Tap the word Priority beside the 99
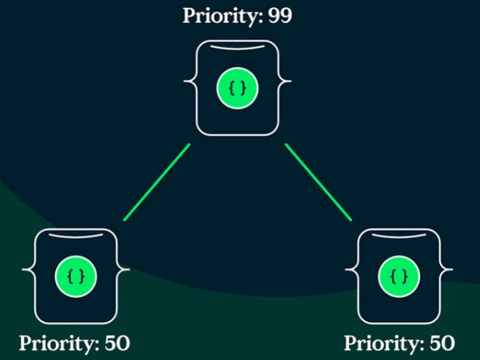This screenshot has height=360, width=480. click(x=220, y=16)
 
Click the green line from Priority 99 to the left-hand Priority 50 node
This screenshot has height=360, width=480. click(x=157, y=183)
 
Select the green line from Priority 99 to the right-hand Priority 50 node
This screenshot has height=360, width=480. click(x=319, y=183)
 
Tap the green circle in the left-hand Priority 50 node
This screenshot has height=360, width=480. click(x=76, y=276)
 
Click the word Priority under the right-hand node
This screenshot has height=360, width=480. click(x=382, y=343)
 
